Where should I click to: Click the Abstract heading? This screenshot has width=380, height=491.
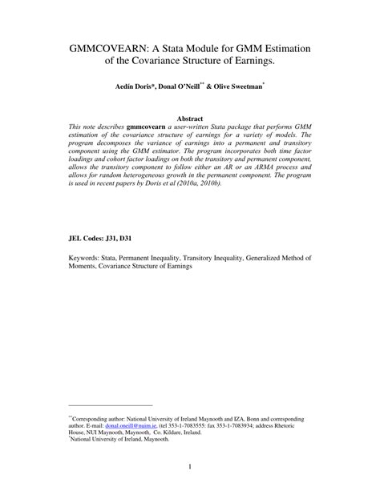(189, 118)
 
